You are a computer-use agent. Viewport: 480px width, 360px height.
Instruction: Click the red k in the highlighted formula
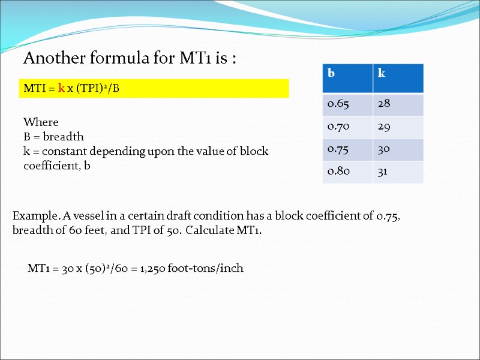[61, 88]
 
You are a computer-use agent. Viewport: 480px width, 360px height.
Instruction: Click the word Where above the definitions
[40, 122]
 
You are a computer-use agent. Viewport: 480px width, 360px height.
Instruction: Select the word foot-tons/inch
[206, 268]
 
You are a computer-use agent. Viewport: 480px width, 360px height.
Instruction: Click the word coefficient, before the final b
[51, 165]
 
